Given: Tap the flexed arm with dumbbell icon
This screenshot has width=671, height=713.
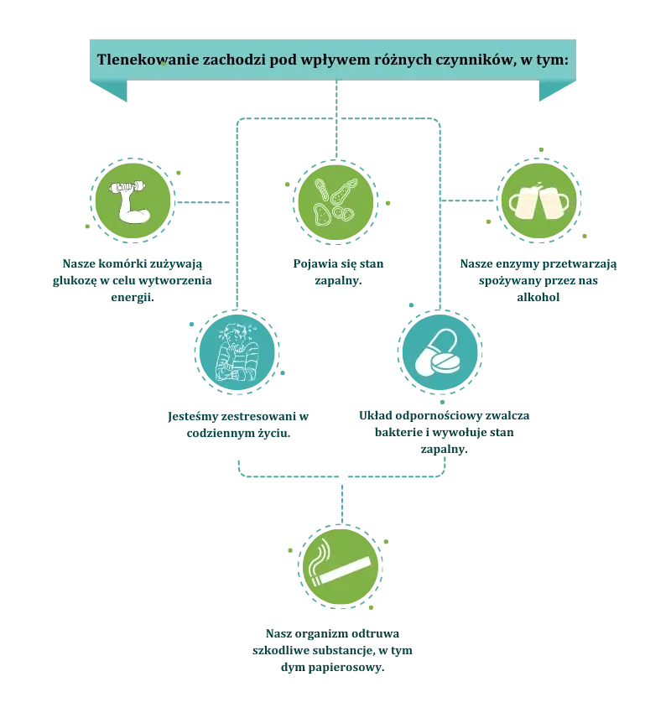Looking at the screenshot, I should pos(133,202).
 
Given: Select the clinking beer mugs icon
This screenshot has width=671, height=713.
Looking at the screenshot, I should pos(538,201).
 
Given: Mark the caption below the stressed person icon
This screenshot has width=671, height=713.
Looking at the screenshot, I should pos(238,425).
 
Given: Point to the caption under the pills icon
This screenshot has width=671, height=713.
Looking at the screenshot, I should pos(441,431).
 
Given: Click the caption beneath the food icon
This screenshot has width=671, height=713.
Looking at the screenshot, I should pos(336,273).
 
